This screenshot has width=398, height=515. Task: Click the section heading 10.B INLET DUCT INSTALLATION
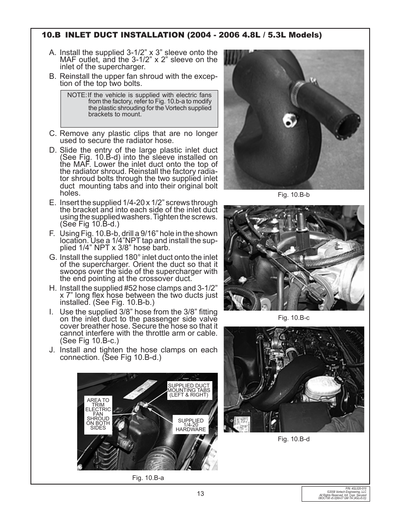181,35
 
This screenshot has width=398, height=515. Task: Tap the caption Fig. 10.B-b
294,195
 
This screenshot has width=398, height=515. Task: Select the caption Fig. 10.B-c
294,318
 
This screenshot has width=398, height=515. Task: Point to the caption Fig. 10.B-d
294,439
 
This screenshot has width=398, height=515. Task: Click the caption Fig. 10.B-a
148,478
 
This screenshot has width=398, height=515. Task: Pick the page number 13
201,494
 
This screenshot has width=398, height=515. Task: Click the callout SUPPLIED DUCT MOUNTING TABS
189,390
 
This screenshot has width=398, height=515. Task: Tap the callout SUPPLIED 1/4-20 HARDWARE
191,425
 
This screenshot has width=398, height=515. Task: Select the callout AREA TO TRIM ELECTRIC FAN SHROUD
98,414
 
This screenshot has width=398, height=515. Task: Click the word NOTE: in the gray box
76,95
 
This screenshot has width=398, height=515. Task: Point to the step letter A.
52,53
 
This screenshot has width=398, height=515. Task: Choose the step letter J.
52,350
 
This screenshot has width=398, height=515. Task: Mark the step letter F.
52,234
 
